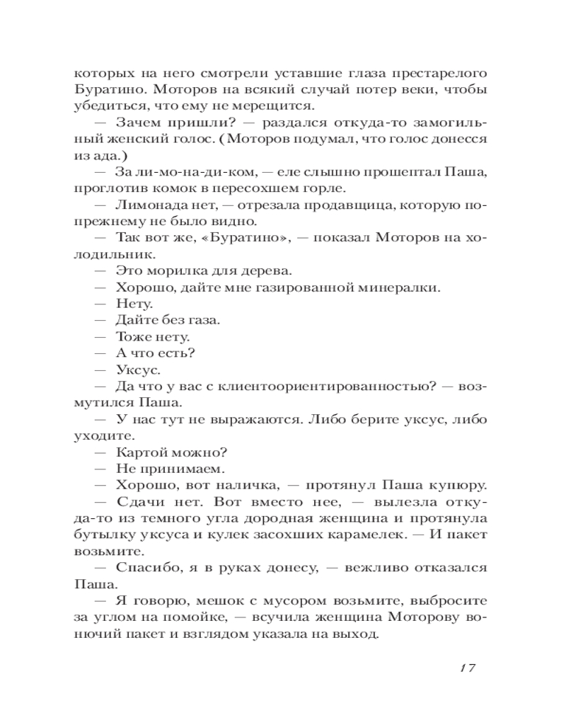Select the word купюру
click(461, 485)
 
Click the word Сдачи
click(137, 501)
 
